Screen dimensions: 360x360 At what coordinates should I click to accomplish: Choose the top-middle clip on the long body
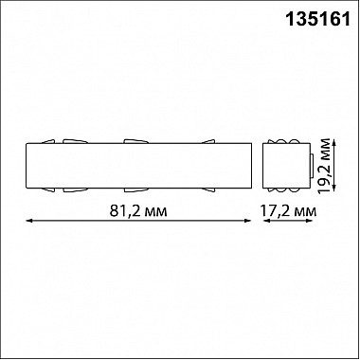coord(136,142)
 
